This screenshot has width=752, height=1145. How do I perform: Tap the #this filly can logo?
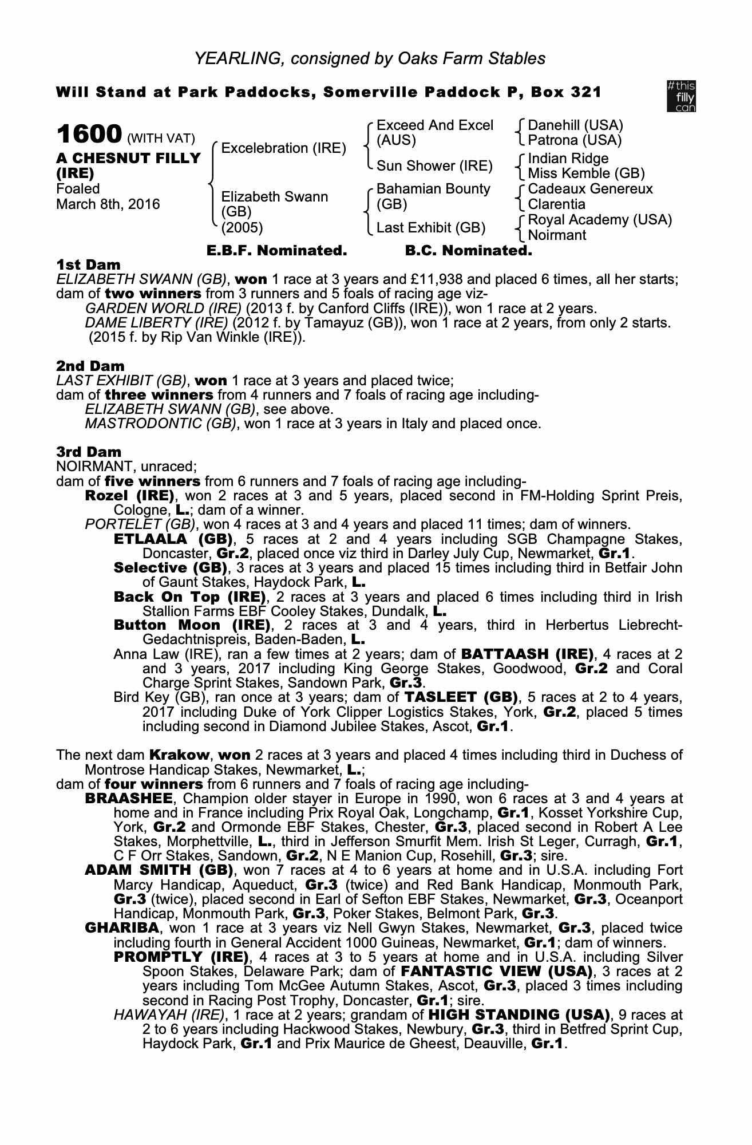click(x=681, y=96)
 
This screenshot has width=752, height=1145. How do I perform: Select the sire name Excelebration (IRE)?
click(x=283, y=148)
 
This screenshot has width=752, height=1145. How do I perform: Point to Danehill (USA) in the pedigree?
click(x=575, y=125)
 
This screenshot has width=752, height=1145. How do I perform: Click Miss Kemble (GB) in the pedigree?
click(x=586, y=173)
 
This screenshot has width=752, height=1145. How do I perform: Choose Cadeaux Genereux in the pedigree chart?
click(x=590, y=189)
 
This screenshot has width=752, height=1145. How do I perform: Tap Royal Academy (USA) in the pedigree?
click(x=600, y=220)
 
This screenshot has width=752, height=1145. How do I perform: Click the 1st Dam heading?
click(x=89, y=265)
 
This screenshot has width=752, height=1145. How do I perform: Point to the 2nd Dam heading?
click(x=90, y=366)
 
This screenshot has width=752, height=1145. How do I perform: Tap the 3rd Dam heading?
click(x=89, y=452)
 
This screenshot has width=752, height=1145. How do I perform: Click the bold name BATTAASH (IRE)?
click(x=527, y=654)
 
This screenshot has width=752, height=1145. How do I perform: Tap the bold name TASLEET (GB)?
click(x=461, y=697)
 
